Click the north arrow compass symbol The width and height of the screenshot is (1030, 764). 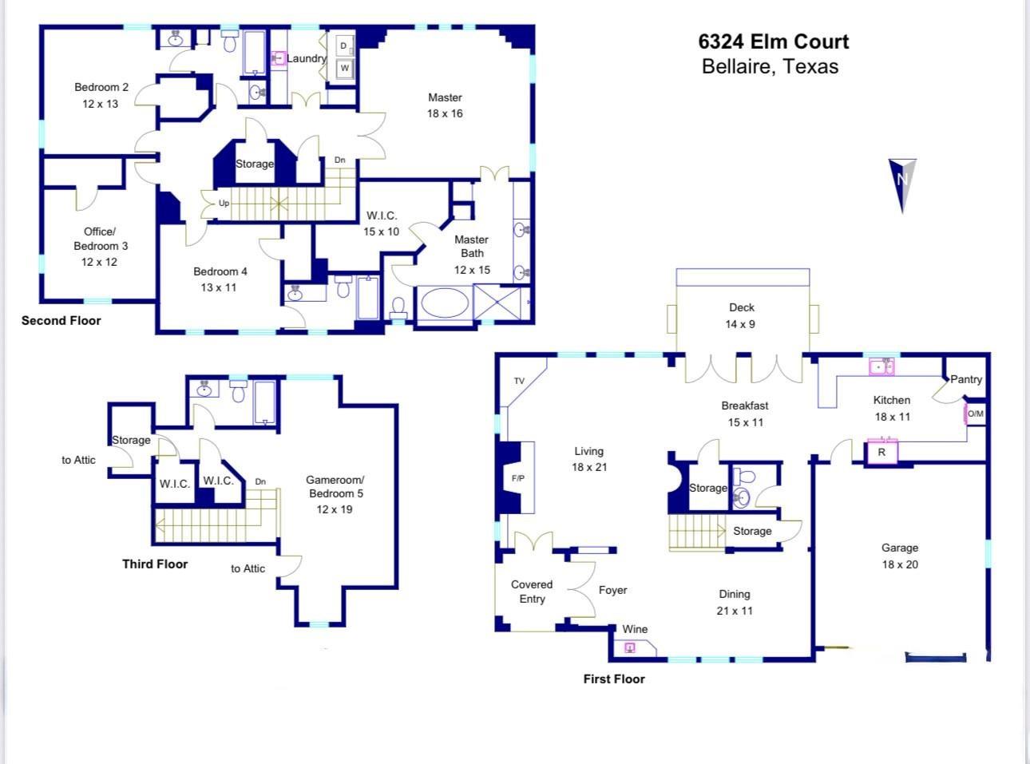click(x=902, y=184)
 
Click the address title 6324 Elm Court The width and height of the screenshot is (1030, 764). click(x=773, y=42)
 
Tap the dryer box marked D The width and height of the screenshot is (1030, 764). click(x=343, y=46)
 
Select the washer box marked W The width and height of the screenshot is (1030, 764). click(x=344, y=69)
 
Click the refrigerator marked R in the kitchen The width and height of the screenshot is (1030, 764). click(x=881, y=452)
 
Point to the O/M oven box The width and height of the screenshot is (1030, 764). click(x=975, y=414)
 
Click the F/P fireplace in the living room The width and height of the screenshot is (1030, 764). click(x=517, y=478)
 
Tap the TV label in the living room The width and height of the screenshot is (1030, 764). click(x=519, y=381)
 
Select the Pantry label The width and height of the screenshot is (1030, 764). click(x=965, y=379)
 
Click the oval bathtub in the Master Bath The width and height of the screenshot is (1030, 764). click(x=446, y=304)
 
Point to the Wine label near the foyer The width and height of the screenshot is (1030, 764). click(x=635, y=629)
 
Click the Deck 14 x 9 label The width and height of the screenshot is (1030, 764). click(x=741, y=315)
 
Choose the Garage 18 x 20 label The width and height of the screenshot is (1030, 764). click(x=899, y=556)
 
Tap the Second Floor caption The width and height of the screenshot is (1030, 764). click(x=61, y=320)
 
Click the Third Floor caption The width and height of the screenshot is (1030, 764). click(x=155, y=564)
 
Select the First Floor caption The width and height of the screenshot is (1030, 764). click(x=613, y=679)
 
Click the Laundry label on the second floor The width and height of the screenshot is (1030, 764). click(x=307, y=58)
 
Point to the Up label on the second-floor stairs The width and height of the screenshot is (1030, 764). click(x=224, y=203)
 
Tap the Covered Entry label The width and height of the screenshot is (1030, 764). click(x=532, y=592)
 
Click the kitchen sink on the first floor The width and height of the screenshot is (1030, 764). click(x=881, y=367)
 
